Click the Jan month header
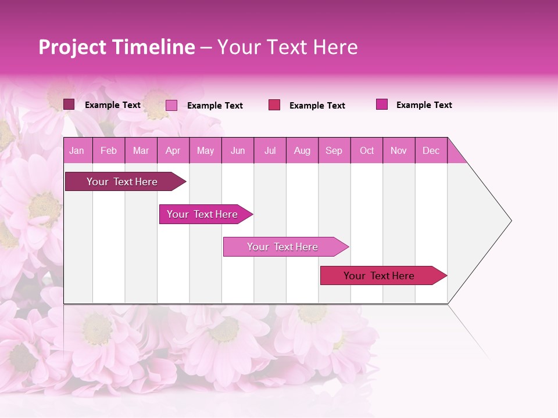(x=77, y=150)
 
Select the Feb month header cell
(x=109, y=150)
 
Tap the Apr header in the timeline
(x=173, y=150)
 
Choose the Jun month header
(x=238, y=150)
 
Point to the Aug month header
(x=302, y=150)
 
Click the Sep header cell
(x=334, y=150)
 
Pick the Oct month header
(x=367, y=150)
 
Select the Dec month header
(x=431, y=150)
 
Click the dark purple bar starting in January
(x=122, y=182)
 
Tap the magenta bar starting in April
(x=202, y=214)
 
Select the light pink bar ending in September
(x=282, y=247)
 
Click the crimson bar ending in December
(x=379, y=276)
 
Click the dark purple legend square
(x=69, y=105)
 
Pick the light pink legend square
(x=171, y=105)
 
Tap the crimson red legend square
(x=274, y=105)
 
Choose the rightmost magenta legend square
(x=382, y=105)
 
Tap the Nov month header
(x=399, y=150)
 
